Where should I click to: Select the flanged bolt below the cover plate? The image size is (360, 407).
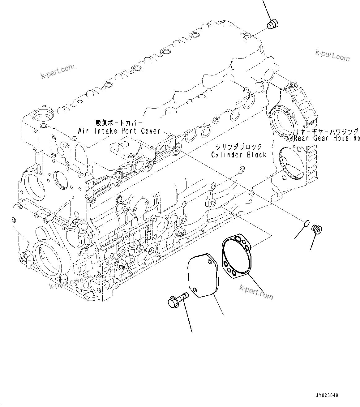click(179, 299)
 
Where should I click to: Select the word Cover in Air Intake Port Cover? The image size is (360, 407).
click(151, 131)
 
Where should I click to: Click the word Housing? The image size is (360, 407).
click(347, 138)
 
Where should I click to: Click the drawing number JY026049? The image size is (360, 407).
click(327, 395)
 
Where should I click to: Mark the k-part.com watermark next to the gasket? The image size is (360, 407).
click(256, 292)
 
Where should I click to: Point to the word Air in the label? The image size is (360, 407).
click(84, 131)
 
